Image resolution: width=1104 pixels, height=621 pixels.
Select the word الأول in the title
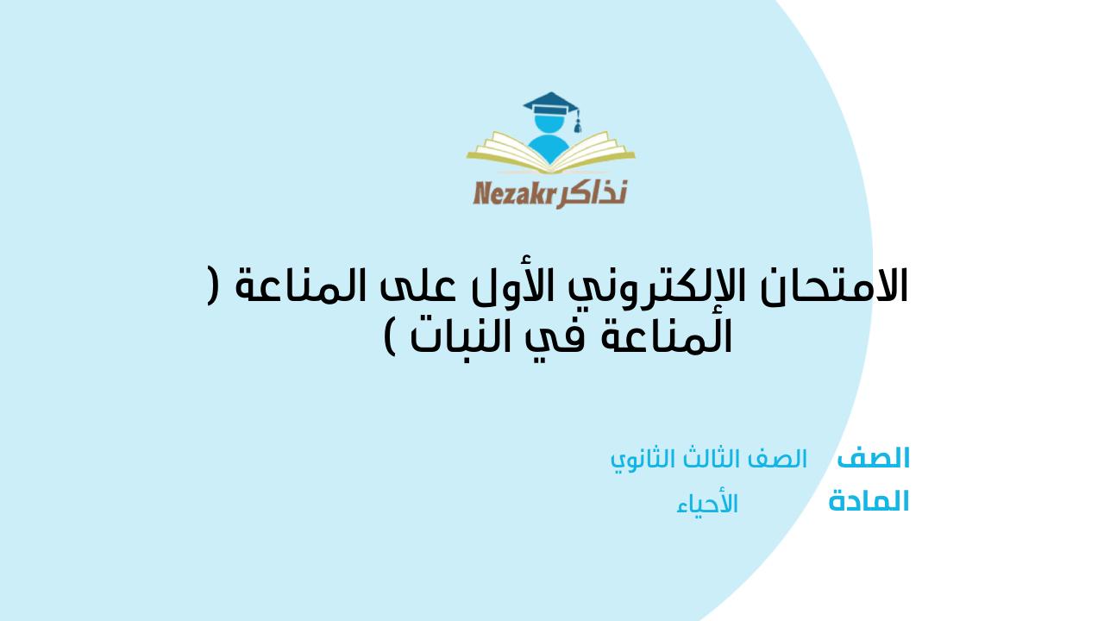tap(558, 287)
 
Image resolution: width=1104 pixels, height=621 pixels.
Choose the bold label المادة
tap(869, 502)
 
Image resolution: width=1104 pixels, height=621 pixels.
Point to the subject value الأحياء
tap(707, 504)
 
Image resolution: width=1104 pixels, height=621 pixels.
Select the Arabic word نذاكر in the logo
tap(592, 192)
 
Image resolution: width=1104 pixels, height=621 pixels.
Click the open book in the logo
tap(550, 155)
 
